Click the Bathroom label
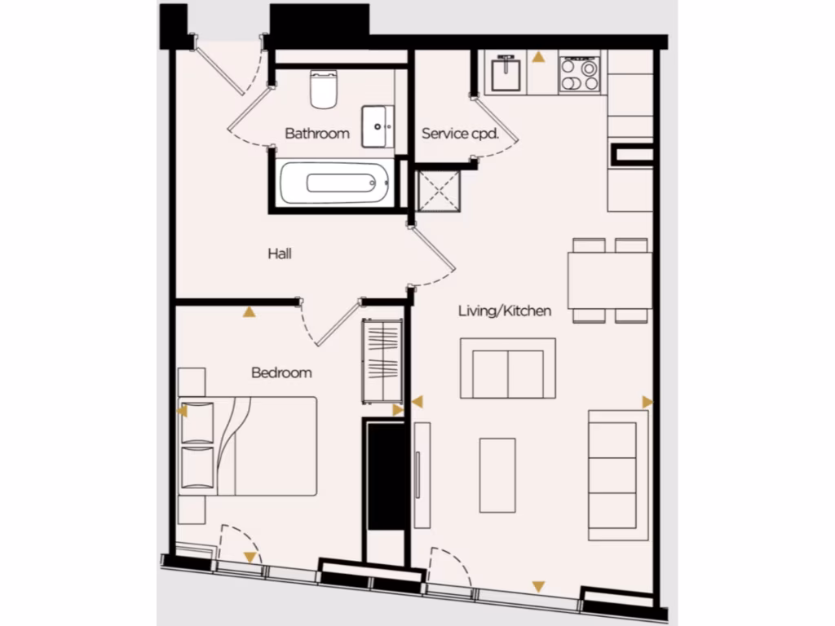[317, 134]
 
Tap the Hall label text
[280, 254]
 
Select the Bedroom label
[281, 373]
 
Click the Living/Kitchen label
[505, 311]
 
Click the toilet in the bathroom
[324, 89]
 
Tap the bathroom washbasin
[377, 126]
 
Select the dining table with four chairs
[610, 280]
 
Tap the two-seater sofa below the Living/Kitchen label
[507, 368]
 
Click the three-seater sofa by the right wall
[618, 475]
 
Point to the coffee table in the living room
[497, 475]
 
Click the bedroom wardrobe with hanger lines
[382, 360]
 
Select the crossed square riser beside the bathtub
[436, 192]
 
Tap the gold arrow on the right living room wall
[647, 402]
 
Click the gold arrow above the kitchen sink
[538, 57]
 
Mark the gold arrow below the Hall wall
[248, 311]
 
